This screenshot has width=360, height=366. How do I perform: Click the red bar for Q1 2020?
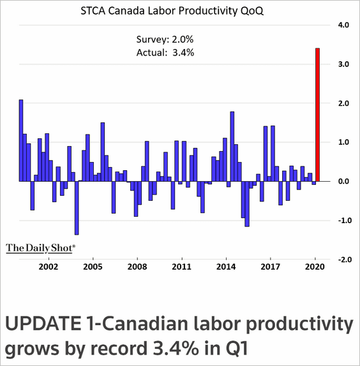(x=318, y=115)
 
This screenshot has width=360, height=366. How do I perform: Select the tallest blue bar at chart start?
(x=21, y=140)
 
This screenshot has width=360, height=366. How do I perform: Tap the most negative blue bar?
(x=77, y=208)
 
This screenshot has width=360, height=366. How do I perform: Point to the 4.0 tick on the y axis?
(x=343, y=25)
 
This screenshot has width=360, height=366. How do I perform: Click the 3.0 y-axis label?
(x=343, y=64)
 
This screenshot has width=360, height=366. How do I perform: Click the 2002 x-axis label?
(x=49, y=267)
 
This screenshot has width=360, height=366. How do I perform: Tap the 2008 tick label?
(x=137, y=267)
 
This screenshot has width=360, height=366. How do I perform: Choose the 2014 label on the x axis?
(x=226, y=267)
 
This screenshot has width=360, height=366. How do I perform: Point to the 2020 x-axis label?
(x=315, y=267)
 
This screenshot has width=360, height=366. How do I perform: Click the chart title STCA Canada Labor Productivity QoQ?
(x=172, y=11)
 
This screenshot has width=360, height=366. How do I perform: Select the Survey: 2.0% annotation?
(x=165, y=40)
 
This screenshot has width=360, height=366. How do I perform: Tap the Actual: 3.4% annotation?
(x=165, y=53)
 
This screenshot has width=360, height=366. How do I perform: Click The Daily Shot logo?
(x=41, y=249)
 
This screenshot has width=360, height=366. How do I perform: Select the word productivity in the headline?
(x=300, y=325)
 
